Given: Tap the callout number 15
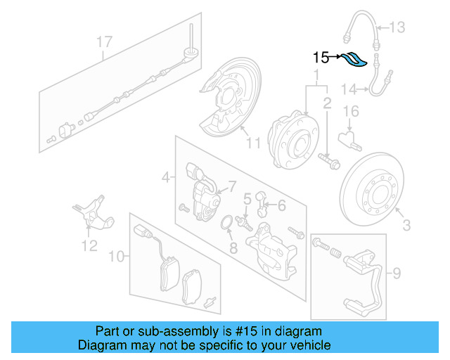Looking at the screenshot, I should [321, 58].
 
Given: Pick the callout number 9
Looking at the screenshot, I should [396, 272].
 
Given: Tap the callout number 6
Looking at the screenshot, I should [281, 205].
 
